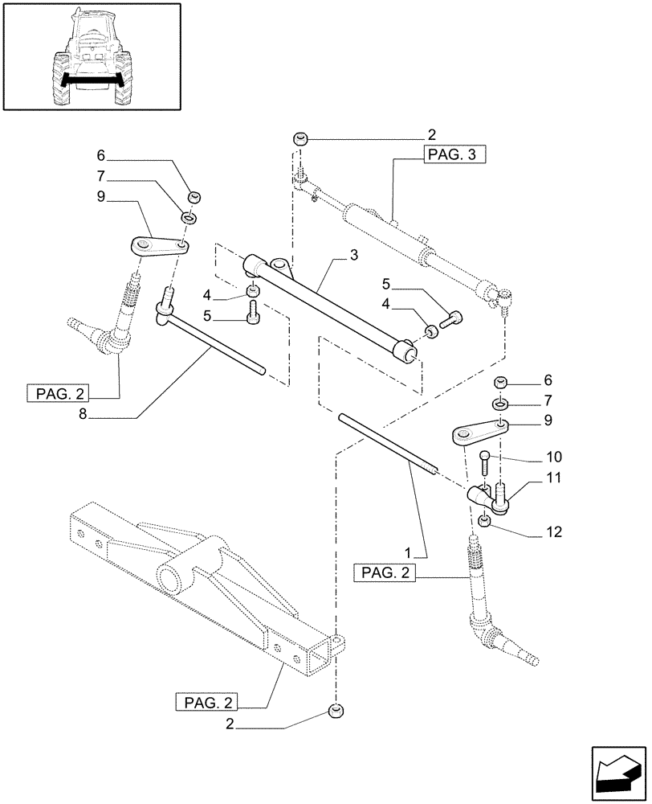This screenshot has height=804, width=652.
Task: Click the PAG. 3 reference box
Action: [454, 156]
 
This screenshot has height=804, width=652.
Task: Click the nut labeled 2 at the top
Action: [301, 139]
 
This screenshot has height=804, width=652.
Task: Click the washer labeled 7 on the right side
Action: [499, 400]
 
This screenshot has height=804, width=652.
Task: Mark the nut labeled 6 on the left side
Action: [194, 198]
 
